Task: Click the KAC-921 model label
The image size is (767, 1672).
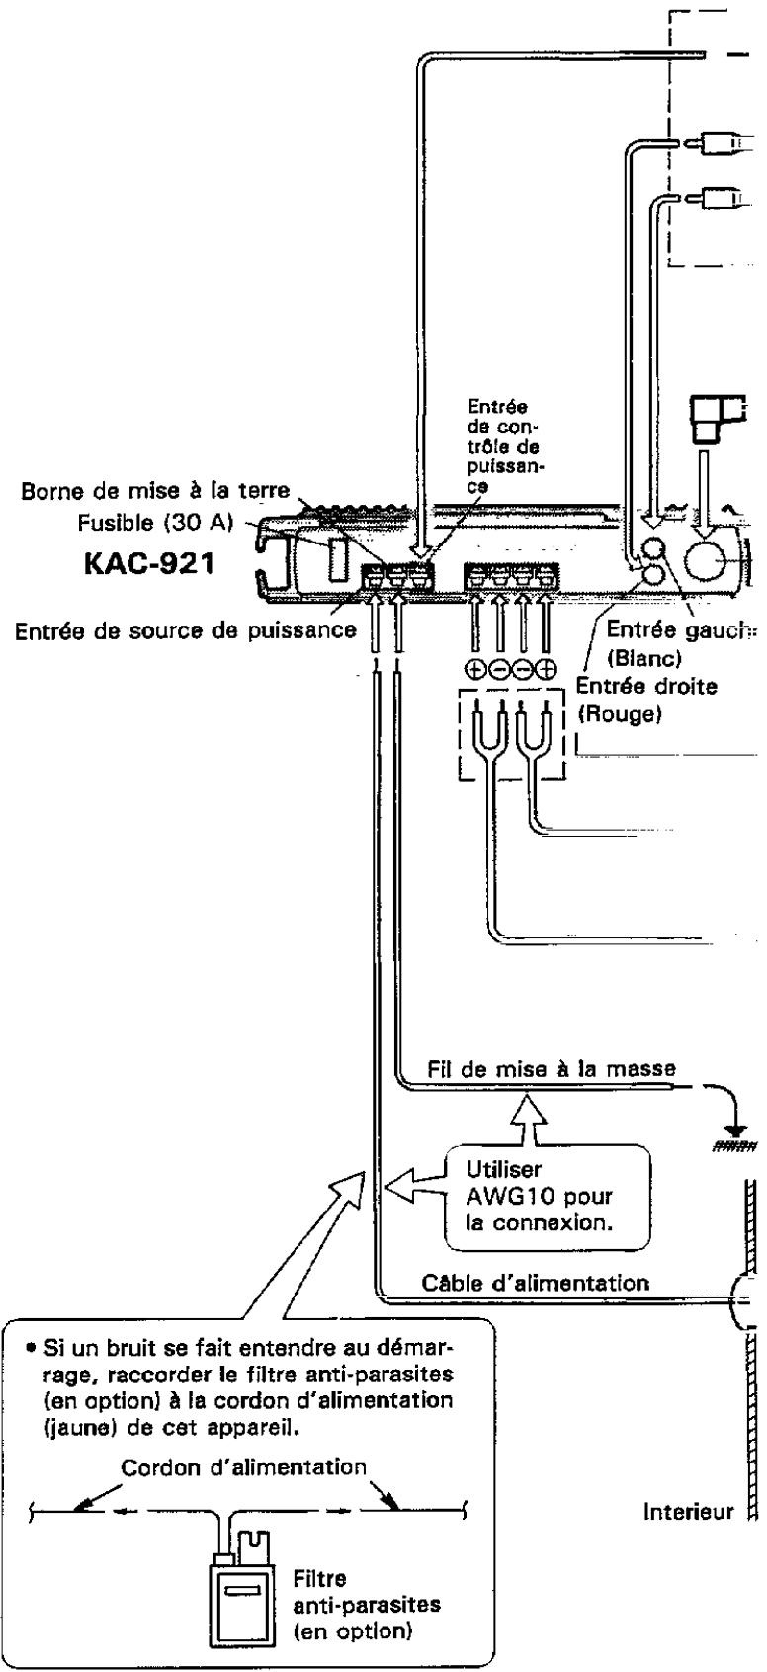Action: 148,563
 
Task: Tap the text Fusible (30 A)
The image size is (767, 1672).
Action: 155,524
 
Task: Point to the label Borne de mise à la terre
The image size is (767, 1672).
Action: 154,492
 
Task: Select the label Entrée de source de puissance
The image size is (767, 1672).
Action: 185,630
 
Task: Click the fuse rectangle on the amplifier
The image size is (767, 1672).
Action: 337,557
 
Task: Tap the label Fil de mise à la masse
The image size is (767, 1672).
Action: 552,1069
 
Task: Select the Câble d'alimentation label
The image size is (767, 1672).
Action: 535,1283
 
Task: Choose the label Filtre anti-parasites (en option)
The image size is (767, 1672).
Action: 365,1606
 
